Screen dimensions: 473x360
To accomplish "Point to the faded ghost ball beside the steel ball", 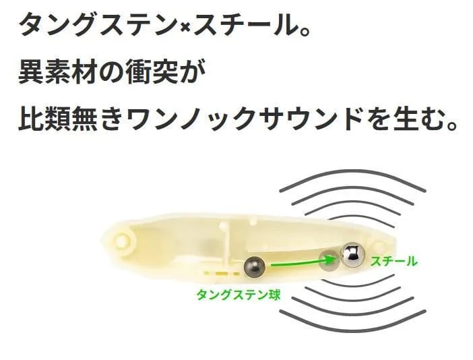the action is click(x=329, y=260).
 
